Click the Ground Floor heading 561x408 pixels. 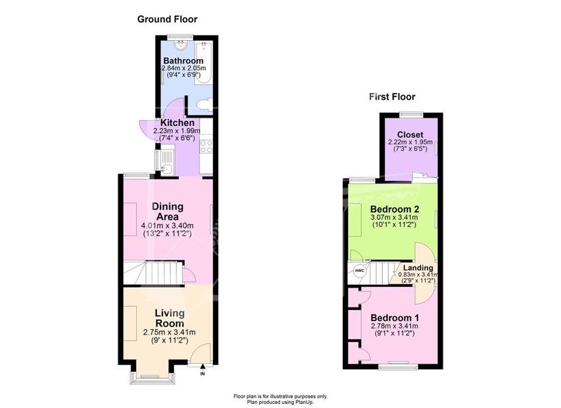pyautogui.click(x=167, y=19)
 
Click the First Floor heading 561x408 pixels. pyautogui.click(x=392, y=97)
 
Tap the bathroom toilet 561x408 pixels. pyautogui.click(x=205, y=105)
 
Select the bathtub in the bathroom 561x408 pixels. pyautogui.click(x=203, y=63)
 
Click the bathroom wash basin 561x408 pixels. pyautogui.click(x=181, y=44)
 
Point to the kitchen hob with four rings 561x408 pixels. pyautogui.click(x=206, y=146)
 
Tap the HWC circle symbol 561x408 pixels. pyautogui.click(x=359, y=270)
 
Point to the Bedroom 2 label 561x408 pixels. pyautogui.click(x=394, y=209)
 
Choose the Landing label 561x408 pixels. pyautogui.click(x=418, y=268)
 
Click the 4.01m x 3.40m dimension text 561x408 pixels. pyautogui.click(x=167, y=226)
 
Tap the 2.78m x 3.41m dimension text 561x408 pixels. pyautogui.click(x=394, y=326)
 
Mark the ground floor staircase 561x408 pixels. pyautogui.click(x=154, y=273)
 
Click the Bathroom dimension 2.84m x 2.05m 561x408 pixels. pyautogui.click(x=183, y=69)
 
